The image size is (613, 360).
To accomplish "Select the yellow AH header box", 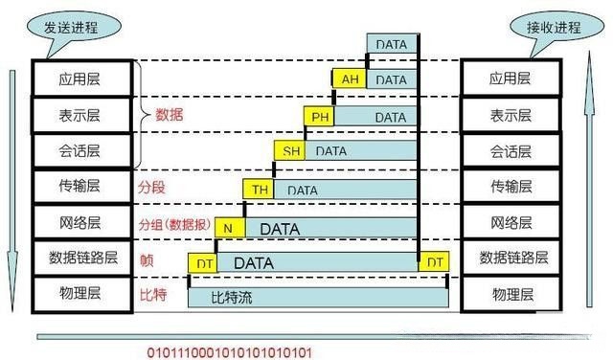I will pos(349,80).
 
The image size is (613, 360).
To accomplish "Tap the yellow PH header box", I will pos(319,117).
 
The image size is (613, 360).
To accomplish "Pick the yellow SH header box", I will pos(289,151).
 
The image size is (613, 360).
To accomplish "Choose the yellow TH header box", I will pos(261,190).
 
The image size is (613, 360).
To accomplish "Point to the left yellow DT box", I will pos(202,261).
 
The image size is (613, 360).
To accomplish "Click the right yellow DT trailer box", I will pos(435,261).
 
